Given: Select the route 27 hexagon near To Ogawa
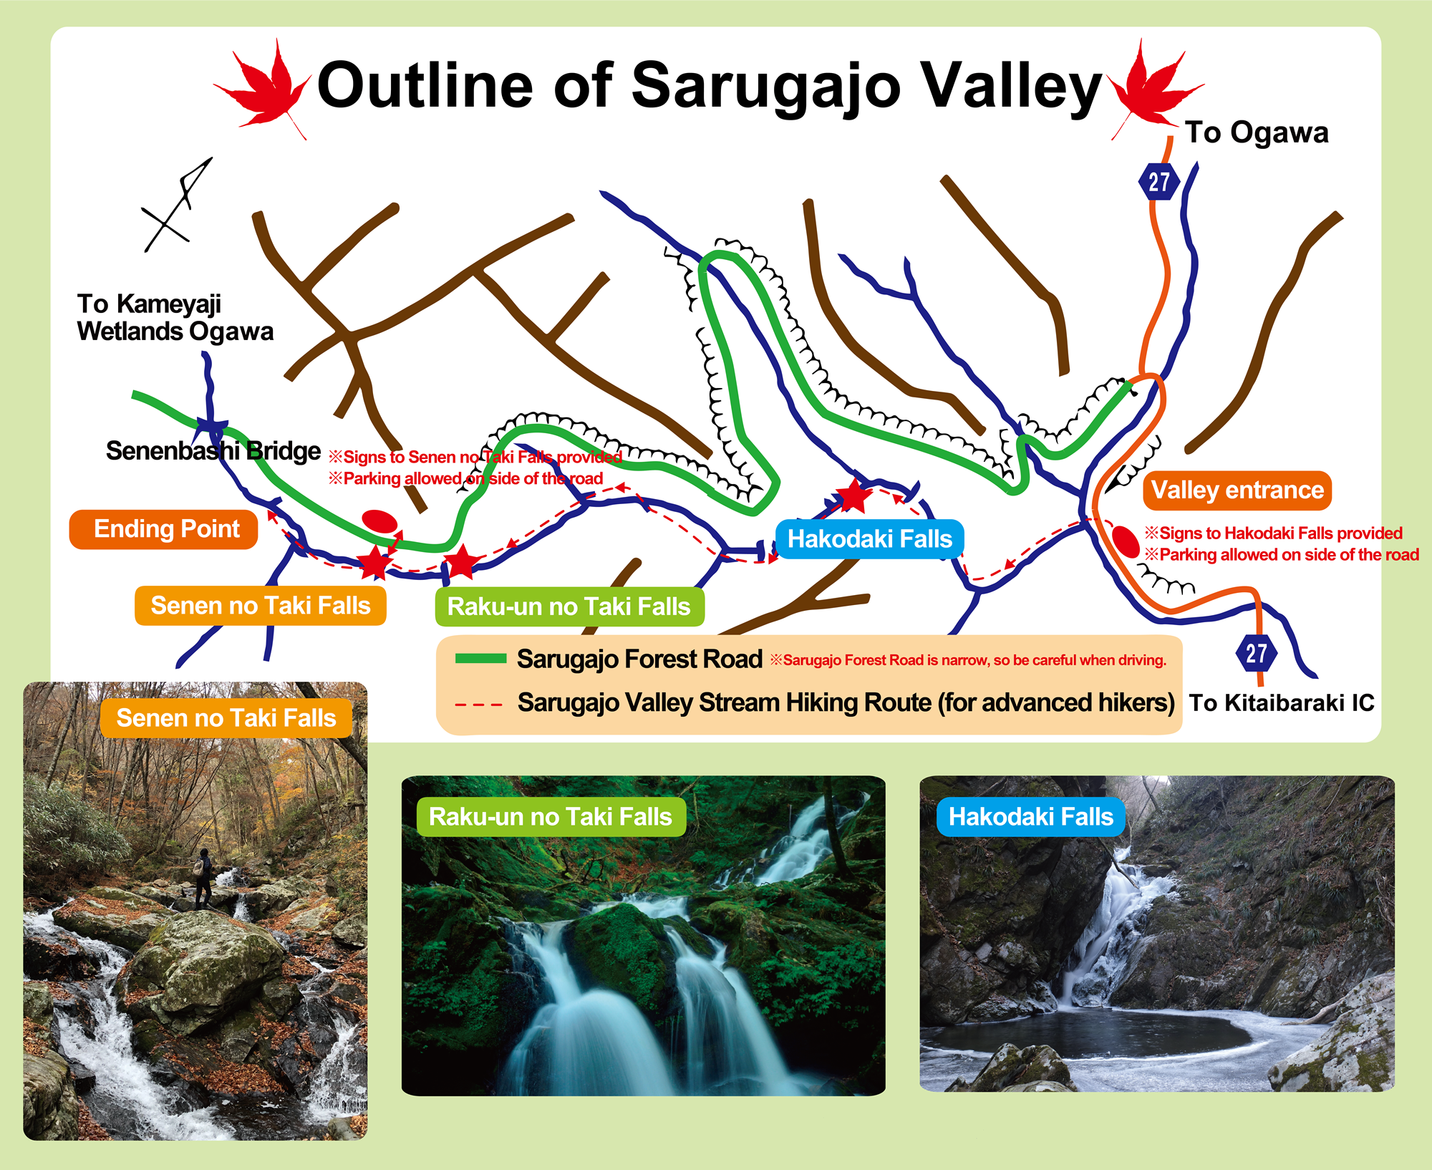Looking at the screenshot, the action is click(x=1159, y=182).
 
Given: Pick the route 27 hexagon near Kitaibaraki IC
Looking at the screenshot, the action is click(x=1256, y=653).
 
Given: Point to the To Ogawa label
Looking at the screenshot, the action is click(x=1257, y=132).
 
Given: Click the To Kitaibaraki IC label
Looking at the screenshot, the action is click(x=1282, y=702).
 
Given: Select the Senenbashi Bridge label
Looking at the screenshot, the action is click(x=213, y=450).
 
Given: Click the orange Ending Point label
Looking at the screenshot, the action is click(x=163, y=529).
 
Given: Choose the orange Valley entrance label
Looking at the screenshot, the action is click(x=1237, y=490).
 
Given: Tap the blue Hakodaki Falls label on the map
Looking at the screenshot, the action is click(x=870, y=539).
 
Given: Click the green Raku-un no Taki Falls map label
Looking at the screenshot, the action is click(x=569, y=607).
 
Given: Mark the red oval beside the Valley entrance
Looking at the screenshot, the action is click(x=1126, y=542).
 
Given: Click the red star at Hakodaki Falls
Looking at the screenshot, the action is click(x=853, y=495).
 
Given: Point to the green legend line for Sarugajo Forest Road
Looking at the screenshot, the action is click(x=481, y=659).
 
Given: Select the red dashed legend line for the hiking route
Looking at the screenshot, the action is click(x=479, y=704).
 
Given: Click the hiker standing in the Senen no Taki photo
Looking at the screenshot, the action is click(x=203, y=878).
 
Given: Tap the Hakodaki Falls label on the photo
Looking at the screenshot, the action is click(x=1031, y=816).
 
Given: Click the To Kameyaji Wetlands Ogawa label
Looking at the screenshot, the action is click(x=175, y=317).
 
